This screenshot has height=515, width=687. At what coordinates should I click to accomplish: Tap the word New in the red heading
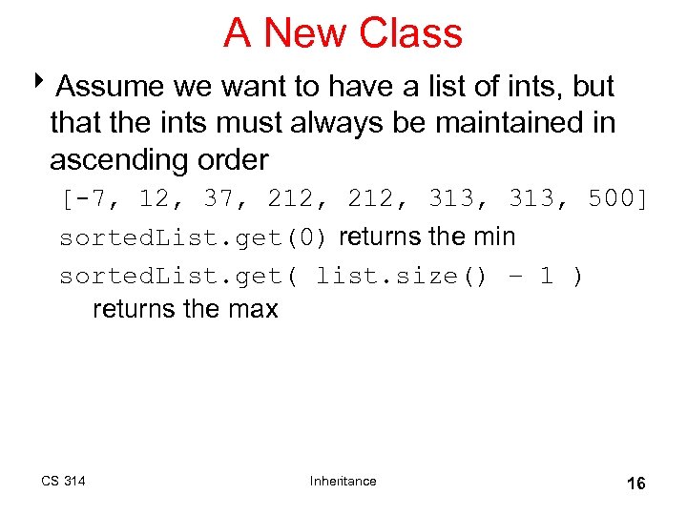coord(305,33)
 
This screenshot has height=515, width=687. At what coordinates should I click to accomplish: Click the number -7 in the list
coord(90,199)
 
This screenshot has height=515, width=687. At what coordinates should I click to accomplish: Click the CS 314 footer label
coord(63,481)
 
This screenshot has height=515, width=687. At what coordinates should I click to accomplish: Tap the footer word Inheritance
coord(343,481)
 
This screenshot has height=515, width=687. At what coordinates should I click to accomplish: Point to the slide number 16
coord(635,484)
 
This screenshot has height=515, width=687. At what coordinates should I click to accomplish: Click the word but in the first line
coord(593,87)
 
